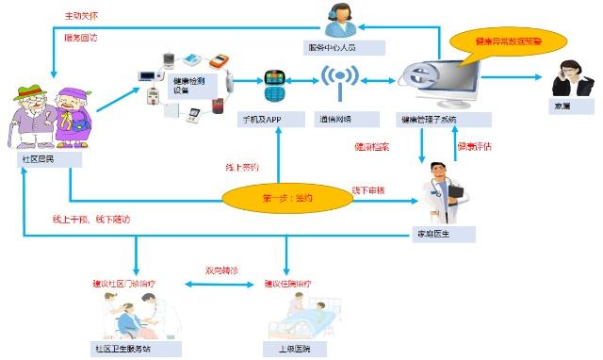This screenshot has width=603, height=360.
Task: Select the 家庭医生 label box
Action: (x=439, y=232)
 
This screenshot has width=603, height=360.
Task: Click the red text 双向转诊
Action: (x=223, y=270)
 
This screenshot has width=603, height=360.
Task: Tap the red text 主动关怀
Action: (x=80, y=15)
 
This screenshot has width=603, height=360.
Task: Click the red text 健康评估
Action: (x=475, y=147)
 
